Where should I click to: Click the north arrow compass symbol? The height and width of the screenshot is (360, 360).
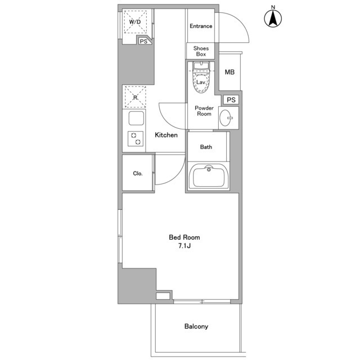[x=273, y=19]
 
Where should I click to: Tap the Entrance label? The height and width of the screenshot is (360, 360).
[x=201, y=26]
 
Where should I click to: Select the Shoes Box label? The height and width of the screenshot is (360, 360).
[x=201, y=51]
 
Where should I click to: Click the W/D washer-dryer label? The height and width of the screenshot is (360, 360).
[x=135, y=22]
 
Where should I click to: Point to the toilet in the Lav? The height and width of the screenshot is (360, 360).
[x=201, y=78]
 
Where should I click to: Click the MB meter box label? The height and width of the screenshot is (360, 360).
[x=229, y=72]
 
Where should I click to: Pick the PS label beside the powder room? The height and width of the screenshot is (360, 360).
[x=231, y=100]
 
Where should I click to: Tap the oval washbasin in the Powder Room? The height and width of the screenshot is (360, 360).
[x=226, y=118]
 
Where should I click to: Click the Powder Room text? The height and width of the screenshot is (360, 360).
[x=204, y=111]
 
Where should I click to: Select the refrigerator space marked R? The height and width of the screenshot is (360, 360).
[x=135, y=97]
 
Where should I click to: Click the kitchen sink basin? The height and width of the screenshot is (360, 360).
[x=136, y=118]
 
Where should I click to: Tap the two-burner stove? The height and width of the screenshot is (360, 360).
[x=136, y=139]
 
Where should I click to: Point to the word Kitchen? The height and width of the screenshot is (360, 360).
[x=166, y=135]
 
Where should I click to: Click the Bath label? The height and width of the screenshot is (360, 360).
[x=206, y=147]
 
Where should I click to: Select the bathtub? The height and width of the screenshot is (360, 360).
[x=209, y=176]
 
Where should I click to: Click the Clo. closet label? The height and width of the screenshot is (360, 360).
[x=138, y=174]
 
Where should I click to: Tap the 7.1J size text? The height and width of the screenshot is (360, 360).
[x=184, y=246]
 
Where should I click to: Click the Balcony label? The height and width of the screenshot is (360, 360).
[x=196, y=326]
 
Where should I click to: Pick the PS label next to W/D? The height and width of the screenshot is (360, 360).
[x=143, y=42]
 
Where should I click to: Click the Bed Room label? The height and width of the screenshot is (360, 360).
[x=184, y=237]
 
